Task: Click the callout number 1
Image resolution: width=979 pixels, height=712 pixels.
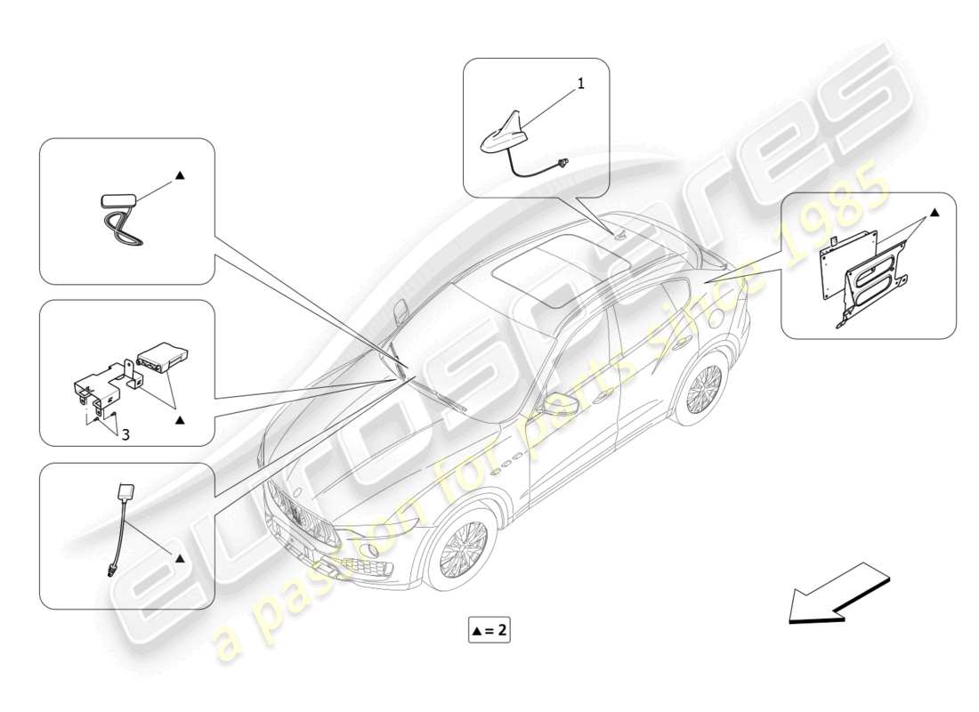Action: click(x=581, y=84)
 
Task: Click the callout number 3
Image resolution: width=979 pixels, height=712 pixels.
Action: click(x=125, y=434)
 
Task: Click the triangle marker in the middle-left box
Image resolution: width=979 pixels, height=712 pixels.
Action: click(x=179, y=417)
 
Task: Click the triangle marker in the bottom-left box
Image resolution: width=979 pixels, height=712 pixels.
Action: click(x=179, y=558)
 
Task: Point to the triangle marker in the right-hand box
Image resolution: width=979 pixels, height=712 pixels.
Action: click(x=934, y=213)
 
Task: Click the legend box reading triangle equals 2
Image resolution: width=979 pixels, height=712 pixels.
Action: click(x=489, y=630)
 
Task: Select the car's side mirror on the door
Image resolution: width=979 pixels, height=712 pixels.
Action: click(x=563, y=402)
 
